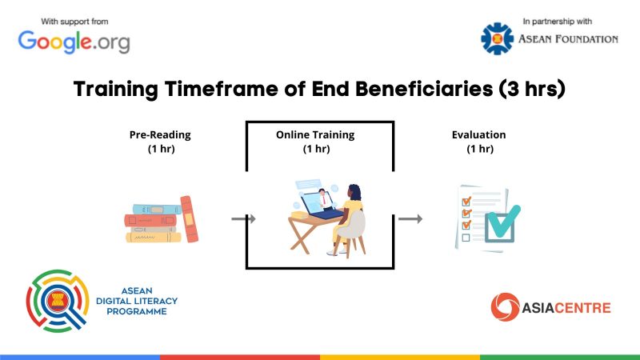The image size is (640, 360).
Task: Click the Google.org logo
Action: (x=74, y=42)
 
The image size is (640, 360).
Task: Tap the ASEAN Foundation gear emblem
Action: (x=497, y=38)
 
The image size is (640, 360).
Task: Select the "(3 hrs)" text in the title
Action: (x=532, y=89)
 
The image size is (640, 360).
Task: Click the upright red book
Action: (x=189, y=219)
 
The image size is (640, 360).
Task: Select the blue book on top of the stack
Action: (x=156, y=210)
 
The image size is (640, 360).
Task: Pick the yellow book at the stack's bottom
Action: (x=154, y=237)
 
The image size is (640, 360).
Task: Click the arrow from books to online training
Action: (x=243, y=219)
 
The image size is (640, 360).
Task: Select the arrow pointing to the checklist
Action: (x=410, y=219)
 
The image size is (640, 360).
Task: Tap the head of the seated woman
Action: (x=354, y=192)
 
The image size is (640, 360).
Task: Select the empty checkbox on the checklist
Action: (x=466, y=238)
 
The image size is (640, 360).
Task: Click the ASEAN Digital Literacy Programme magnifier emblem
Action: (x=58, y=301)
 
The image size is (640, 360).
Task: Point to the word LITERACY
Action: (x=154, y=302)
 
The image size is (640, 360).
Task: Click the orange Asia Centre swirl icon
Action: (x=505, y=307)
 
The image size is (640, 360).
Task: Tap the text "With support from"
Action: (x=74, y=22)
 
